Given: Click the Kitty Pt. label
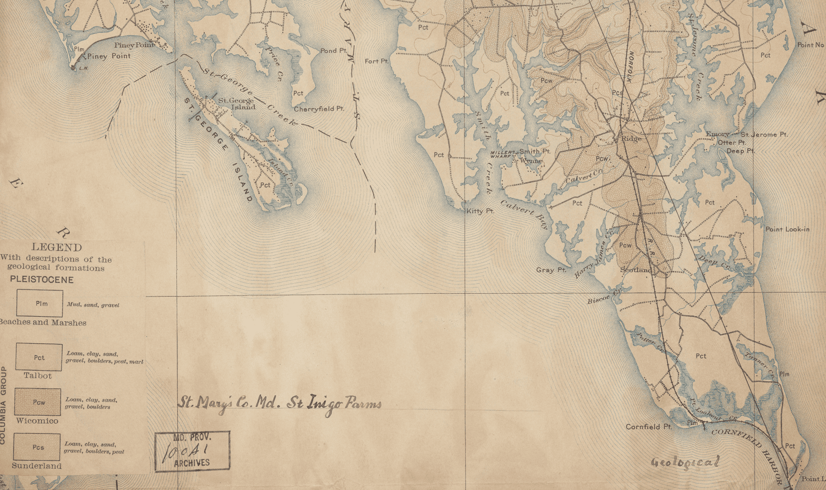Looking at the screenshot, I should (x=480, y=211).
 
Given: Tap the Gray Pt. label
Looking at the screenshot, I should (x=551, y=270).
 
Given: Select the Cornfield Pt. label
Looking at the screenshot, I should (x=648, y=427).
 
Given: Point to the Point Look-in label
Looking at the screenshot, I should (x=787, y=229).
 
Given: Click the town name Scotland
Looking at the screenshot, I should (x=636, y=270).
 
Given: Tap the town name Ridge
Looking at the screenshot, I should (x=631, y=139).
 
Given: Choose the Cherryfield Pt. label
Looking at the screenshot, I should (x=318, y=109).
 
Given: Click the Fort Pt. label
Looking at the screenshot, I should (x=376, y=61).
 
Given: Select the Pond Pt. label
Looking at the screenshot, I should (x=333, y=51).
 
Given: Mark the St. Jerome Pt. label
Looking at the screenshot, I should (x=764, y=134).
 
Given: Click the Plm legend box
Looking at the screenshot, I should (x=39, y=303).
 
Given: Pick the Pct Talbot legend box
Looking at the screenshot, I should (x=38, y=357).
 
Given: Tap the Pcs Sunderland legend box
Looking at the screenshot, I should (x=37, y=447).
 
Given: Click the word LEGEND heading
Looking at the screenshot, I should (x=56, y=247).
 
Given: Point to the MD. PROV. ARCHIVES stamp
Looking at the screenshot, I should (x=192, y=450).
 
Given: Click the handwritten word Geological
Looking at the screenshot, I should (x=685, y=462).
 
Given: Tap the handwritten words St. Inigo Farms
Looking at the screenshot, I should (x=334, y=404).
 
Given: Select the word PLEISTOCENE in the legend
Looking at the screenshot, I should (x=41, y=280).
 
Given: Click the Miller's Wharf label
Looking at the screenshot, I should (x=501, y=154).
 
